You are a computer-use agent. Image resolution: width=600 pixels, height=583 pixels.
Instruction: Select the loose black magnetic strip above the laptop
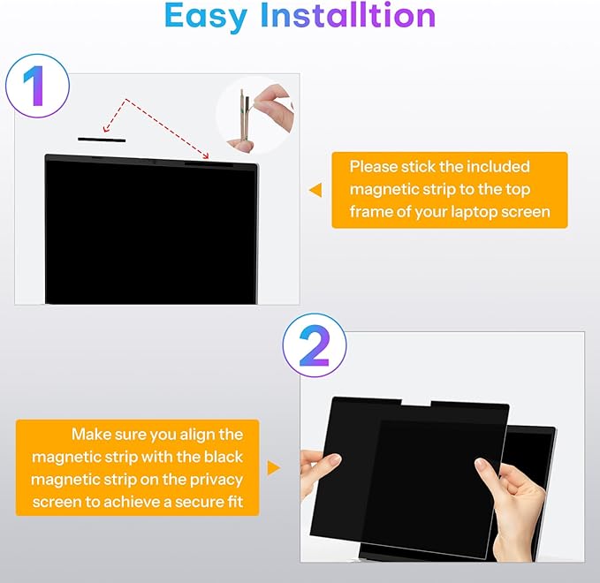tap(102, 140)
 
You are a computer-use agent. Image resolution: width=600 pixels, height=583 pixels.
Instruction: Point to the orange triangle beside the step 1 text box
tap(315, 190)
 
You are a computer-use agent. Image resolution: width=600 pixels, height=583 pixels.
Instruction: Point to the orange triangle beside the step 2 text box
tap(273, 467)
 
